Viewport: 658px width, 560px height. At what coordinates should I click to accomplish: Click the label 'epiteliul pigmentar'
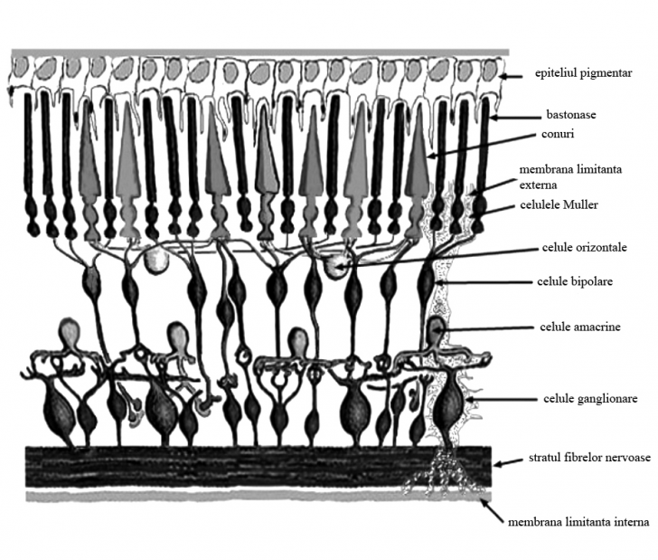pyautogui.click(x=583, y=73)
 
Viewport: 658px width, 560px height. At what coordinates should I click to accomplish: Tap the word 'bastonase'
pyautogui.click(x=571, y=114)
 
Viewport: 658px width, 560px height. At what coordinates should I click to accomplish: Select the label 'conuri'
pyautogui.click(x=558, y=134)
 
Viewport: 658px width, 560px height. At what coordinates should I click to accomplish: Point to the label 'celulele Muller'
pyautogui.click(x=559, y=204)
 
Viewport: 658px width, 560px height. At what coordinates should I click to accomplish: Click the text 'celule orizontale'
pyautogui.click(x=585, y=247)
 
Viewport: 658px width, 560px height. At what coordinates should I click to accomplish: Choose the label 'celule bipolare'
pyautogui.click(x=575, y=281)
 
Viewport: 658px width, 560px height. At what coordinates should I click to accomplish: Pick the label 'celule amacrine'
pyautogui.click(x=580, y=327)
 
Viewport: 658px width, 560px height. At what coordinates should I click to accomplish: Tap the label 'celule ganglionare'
pyautogui.click(x=590, y=398)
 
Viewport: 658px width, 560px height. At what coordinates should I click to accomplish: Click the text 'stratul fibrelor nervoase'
pyautogui.click(x=589, y=457)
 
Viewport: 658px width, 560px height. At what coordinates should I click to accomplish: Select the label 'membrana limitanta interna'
pyautogui.click(x=578, y=522)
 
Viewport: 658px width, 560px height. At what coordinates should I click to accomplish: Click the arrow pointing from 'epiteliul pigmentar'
pyautogui.click(x=511, y=76)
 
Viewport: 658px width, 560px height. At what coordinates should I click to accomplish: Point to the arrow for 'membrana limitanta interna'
pyautogui.click(x=492, y=511)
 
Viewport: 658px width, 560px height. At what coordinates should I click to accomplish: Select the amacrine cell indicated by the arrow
pyautogui.click(x=437, y=330)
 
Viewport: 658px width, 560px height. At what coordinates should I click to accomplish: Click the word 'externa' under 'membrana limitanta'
pyautogui.click(x=538, y=185)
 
